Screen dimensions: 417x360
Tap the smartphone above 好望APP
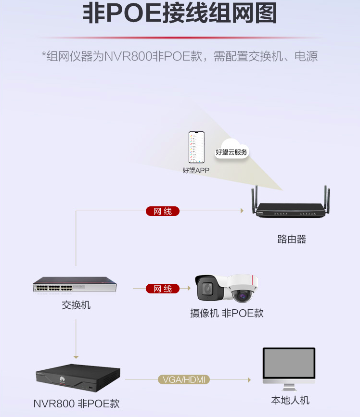click(196, 148)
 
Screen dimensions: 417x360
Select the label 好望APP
click(196, 170)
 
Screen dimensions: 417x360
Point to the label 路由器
click(292, 239)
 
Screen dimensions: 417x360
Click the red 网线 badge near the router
click(163, 211)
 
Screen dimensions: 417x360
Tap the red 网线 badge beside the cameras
click(163, 289)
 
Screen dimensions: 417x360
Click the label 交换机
click(76, 305)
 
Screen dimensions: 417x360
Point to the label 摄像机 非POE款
click(227, 313)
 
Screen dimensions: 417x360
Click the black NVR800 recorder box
click(78, 376)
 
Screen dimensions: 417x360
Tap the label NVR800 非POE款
click(77, 403)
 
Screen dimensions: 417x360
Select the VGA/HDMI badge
click(184, 380)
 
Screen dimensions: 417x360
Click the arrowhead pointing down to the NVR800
click(76, 357)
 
